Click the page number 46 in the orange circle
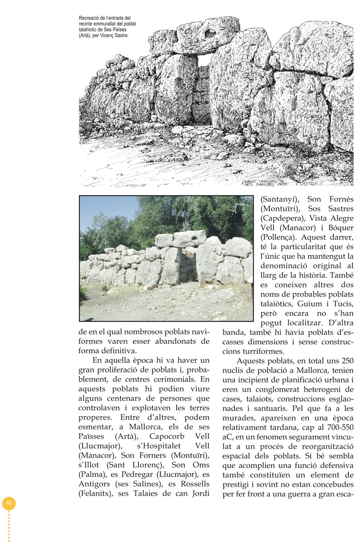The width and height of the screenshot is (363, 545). click(x=9, y=503)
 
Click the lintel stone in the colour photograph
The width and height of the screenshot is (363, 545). click(x=189, y=238)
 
